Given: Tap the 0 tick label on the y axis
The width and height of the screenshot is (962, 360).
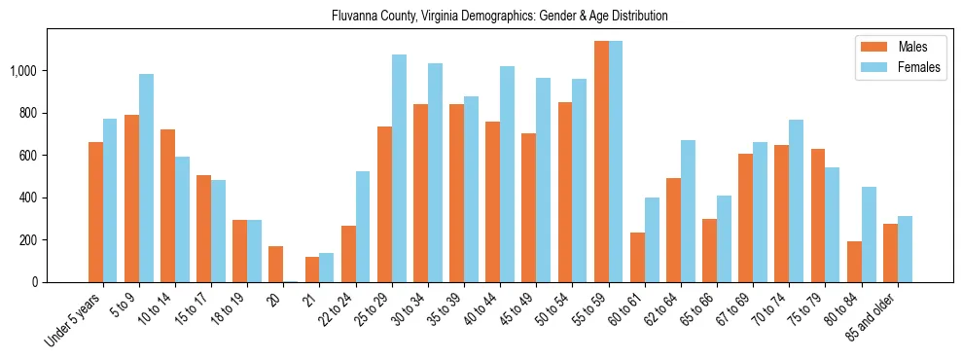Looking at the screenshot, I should pyautogui.click(x=34, y=282).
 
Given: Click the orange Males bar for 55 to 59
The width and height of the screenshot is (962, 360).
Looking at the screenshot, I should pyautogui.click(x=601, y=162).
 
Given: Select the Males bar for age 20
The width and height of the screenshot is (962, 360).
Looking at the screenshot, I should pyautogui.click(x=276, y=265).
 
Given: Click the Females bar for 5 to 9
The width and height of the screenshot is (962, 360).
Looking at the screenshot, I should pyautogui.click(x=146, y=178).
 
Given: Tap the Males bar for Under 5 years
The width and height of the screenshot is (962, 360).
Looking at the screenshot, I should pyautogui.click(x=95, y=212).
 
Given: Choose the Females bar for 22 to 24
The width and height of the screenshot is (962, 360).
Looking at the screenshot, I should pyautogui.click(x=363, y=227).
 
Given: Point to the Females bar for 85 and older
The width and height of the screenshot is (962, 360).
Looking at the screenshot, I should pyautogui.click(x=905, y=249).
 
